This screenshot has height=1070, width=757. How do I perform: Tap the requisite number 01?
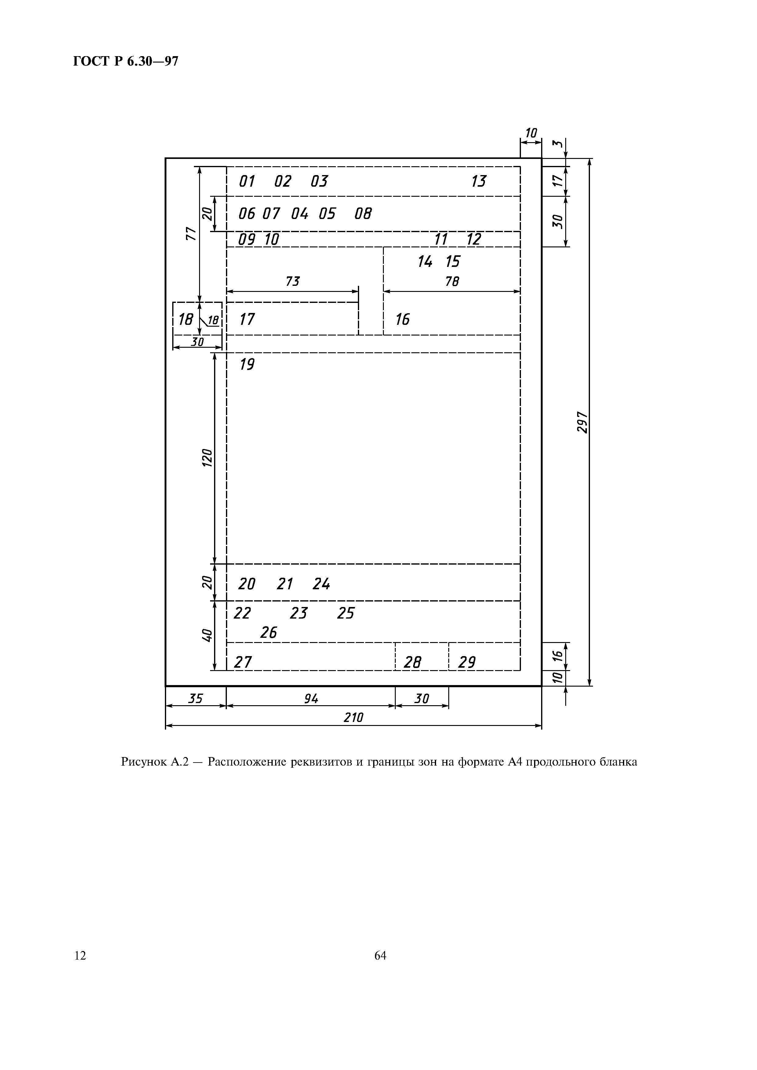pos(247,181)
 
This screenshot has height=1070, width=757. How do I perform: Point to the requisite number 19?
pos(247,364)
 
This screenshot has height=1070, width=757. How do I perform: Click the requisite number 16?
pos(402,319)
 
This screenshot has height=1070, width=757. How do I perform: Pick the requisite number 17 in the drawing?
pos(247,319)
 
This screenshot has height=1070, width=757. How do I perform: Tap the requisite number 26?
pos(269,632)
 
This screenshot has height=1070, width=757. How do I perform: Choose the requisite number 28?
pos(412,662)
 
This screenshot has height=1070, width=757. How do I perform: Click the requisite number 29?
pos(467,662)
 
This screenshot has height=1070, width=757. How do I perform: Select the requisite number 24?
pos(321,584)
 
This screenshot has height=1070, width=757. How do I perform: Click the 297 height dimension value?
pos(582,422)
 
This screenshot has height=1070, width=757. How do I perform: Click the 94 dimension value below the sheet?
pos(311,698)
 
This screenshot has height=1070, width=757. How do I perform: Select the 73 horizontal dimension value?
pos(293,282)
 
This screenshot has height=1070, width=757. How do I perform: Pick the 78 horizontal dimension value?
pos(452,282)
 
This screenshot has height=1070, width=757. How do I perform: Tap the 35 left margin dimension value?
pos(195,698)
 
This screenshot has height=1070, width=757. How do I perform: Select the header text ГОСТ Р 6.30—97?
pos(126,61)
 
